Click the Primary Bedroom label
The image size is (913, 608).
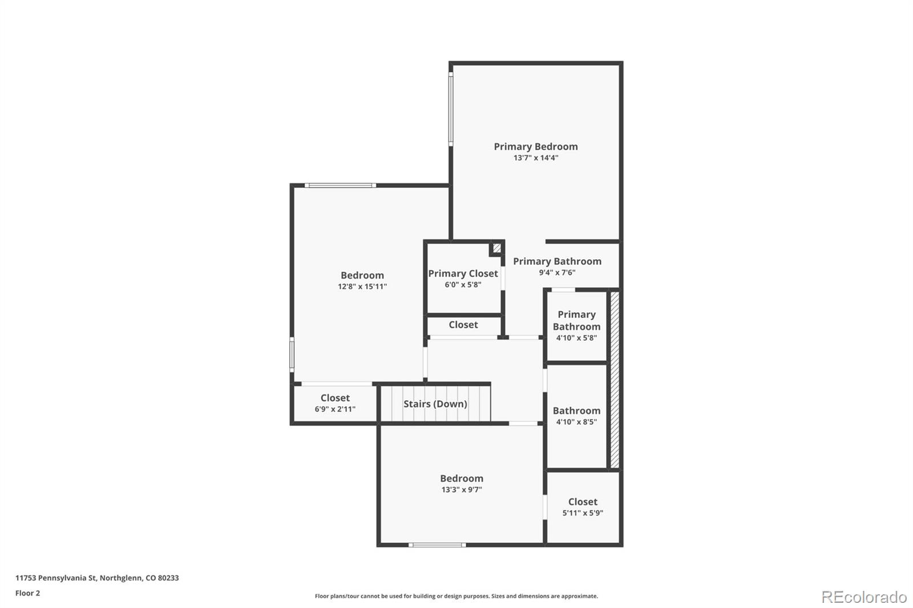[535, 147]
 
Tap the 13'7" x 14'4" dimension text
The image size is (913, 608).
[535, 158]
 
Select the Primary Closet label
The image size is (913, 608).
[463, 273]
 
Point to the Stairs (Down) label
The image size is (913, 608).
[435, 404]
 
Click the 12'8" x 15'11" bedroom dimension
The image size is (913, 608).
[362, 287]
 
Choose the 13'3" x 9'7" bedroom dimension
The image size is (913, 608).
[461, 490]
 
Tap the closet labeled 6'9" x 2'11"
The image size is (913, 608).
[335, 403]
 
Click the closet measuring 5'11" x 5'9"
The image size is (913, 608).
[583, 507]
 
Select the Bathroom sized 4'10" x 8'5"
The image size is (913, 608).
[576, 416]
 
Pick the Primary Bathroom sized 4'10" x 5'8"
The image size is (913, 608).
[576, 326]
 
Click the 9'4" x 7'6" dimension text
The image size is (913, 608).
[557, 273]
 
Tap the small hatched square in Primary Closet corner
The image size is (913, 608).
[497, 248]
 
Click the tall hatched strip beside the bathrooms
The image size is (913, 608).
[615, 380]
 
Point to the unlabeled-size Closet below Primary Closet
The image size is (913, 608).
[463, 325]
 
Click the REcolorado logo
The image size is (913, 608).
[863, 597]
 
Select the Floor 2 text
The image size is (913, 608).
[27, 593]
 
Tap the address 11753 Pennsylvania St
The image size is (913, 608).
[97, 578]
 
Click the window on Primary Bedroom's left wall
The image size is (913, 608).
[451, 108]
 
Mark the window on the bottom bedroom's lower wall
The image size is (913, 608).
[437, 545]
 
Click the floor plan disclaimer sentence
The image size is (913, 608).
[456, 596]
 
